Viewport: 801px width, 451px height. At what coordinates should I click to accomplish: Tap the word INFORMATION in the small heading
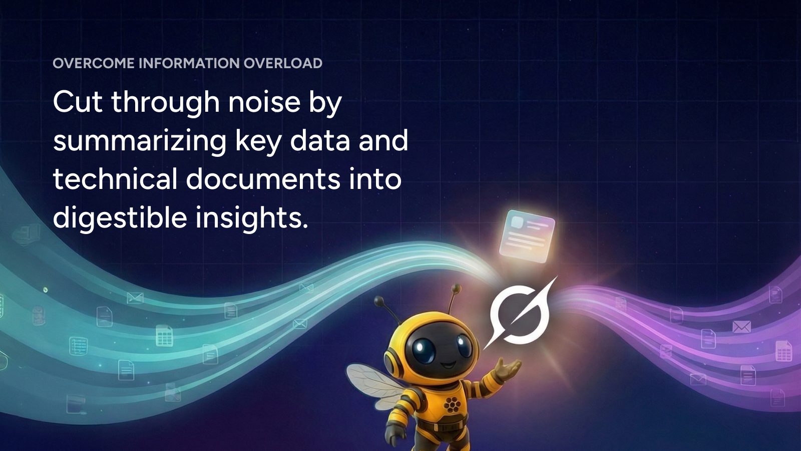(x=189, y=63)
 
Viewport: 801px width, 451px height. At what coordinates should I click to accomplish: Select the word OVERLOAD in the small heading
(x=283, y=63)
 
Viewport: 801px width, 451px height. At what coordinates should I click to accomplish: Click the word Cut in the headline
(x=78, y=102)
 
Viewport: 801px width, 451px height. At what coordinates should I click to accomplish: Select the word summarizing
(x=140, y=141)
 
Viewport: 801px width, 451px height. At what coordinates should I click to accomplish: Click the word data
(x=320, y=141)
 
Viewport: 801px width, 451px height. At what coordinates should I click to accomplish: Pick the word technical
(x=115, y=179)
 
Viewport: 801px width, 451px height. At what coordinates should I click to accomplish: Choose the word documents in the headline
(x=263, y=179)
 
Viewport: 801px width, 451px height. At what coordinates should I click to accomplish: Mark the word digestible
(x=120, y=218)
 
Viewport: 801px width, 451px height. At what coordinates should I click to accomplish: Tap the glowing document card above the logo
(x=527, y=236)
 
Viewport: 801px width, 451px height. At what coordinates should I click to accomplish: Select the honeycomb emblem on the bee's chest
(x=452, y=404)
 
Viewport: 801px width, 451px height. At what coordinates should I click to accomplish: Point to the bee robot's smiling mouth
(x=447, y=366)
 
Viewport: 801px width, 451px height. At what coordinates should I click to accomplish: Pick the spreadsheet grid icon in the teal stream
(x=165, y=336)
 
